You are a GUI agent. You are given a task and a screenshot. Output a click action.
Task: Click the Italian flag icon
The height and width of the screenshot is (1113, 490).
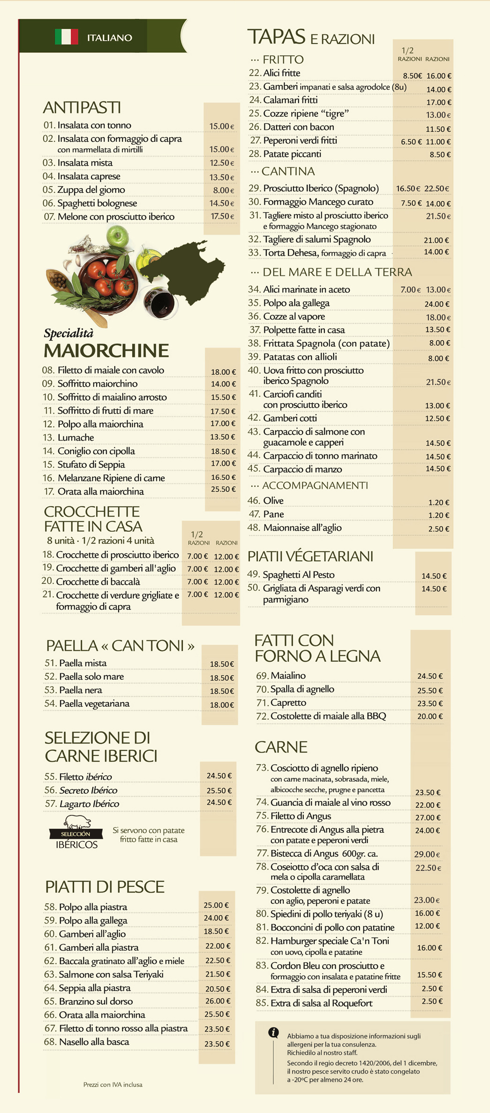click(x=67, y=37)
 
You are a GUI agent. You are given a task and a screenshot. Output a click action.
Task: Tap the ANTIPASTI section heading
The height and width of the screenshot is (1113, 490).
click(x=82, y=107)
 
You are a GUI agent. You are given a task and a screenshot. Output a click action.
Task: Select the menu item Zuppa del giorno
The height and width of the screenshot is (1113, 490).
click(x=91, y=190)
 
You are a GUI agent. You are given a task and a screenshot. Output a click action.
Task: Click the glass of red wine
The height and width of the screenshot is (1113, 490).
click(x=160, y=303)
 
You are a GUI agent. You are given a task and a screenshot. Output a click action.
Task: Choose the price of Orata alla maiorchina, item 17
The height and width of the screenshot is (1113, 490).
click(x=223, y=489)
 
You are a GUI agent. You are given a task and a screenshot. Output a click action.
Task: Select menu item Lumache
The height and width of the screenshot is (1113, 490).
click(x=75, y=438)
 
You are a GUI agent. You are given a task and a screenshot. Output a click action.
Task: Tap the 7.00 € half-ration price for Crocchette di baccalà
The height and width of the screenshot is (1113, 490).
click(x=197, y=582)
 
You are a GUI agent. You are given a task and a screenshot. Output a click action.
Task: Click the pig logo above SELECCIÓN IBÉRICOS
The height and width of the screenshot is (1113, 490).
click(x=77, y=822)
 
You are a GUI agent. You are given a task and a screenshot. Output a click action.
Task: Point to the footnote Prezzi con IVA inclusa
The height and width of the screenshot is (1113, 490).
click(x=113, y=1084)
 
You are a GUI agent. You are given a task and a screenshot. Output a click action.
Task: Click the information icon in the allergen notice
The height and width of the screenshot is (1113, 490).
click(x=273, y=1032)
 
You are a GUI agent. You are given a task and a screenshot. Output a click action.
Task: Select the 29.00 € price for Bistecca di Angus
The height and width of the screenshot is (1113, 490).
click(x=427, y=854)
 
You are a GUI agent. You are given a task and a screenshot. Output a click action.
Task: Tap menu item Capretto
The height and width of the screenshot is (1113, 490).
click(x=288, y=703)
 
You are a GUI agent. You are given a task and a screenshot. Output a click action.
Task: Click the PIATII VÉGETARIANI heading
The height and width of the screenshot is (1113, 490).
click(x=310, y=556)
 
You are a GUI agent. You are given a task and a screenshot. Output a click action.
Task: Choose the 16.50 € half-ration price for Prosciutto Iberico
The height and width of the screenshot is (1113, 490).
click(x=407, y=189)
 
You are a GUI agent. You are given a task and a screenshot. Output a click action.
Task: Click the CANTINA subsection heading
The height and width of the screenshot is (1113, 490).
click(x=288, y=171)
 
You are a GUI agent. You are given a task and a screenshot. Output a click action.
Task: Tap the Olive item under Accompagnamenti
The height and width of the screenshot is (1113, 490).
click(x=273, y=501)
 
